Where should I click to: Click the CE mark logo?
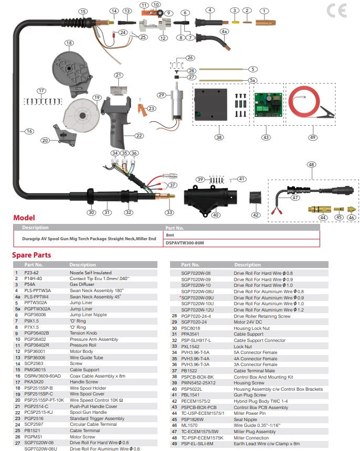tap(337, 10)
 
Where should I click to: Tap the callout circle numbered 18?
tap(68, 42)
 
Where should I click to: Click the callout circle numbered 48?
tap(312, 165)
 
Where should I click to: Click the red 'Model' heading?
tap(24, 218)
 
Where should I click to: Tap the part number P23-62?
tap(31, 273)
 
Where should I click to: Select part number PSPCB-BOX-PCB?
tap(199, 407)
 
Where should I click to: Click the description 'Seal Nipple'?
tap(245, 419)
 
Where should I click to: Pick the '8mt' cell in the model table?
tap(171, 235)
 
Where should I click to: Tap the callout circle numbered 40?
tap(215, 214)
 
